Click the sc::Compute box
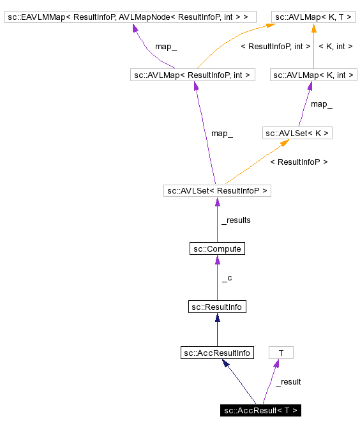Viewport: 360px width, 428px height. pos(217,248)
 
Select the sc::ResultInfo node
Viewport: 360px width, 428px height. pos(217,307)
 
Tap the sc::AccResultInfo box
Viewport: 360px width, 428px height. pos(217,352)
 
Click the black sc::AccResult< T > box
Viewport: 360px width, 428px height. pos(260,410)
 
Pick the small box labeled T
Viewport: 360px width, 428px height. pos(281,352)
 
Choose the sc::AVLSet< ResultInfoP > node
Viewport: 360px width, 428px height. pos(217,190)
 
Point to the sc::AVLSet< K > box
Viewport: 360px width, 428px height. pos(297,133)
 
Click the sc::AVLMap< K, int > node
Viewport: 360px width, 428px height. pos(313,75)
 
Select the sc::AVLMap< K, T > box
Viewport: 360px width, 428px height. pos(313,17)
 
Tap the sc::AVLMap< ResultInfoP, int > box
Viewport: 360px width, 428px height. pos(192,75)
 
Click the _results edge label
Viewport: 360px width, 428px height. pos(236,220)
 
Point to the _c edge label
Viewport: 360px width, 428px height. pos(227,278)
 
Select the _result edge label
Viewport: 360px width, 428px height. pos(288,381)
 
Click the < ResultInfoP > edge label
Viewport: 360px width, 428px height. pos(299,162)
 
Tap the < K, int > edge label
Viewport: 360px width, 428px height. pos(336,46)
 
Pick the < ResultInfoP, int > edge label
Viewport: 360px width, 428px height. pos(275,46)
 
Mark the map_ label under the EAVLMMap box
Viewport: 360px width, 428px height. pos(166,46)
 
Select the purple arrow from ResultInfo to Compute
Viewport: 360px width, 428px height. pos(217,278)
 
